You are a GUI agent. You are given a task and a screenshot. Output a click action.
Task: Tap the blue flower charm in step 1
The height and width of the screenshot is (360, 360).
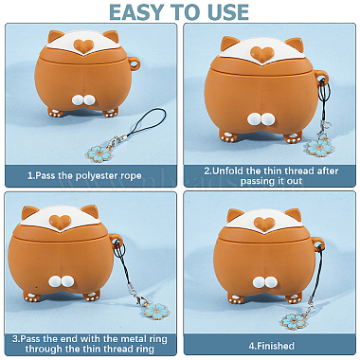(99, 153)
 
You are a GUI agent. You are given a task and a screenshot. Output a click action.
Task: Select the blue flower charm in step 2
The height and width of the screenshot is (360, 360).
(320, 147)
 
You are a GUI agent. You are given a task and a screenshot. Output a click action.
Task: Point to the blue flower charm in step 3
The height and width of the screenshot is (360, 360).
(155, 311)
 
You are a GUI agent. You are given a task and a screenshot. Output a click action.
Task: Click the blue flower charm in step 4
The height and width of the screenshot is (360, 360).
(293, 321)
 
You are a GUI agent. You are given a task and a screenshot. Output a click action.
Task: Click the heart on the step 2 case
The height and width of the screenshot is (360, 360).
(262, 53)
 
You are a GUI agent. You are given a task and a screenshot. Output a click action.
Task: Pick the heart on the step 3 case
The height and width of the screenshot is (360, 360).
(61, 221)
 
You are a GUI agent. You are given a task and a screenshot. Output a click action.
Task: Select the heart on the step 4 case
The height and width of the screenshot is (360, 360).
(264, 224)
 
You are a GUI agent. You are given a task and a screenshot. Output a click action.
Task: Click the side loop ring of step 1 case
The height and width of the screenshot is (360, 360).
(135, 63)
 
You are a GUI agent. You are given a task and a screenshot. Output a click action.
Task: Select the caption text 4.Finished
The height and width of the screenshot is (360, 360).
(271, 346)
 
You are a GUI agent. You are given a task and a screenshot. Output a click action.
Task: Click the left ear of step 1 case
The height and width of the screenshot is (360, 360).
(55, 37)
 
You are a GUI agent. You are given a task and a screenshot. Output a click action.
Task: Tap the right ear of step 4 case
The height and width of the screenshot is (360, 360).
(293, 214)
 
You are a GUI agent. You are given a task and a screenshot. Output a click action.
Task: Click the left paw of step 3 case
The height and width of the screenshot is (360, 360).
(32, 297)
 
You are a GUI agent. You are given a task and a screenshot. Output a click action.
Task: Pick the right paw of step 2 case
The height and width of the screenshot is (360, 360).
(293, 137)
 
